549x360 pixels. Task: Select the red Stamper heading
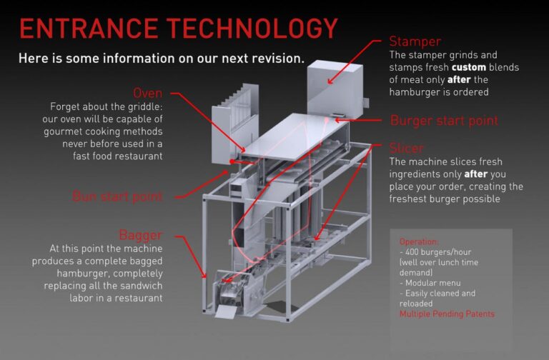[415, 41]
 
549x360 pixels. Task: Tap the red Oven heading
[148, 93]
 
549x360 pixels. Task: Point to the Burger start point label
[444, 120]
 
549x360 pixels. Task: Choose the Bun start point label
[118, 196]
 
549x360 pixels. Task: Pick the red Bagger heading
[140, 234]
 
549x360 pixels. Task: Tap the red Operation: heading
[419, 242]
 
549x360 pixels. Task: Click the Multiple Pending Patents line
[447, 314]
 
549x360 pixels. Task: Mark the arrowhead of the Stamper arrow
[330, 83]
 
